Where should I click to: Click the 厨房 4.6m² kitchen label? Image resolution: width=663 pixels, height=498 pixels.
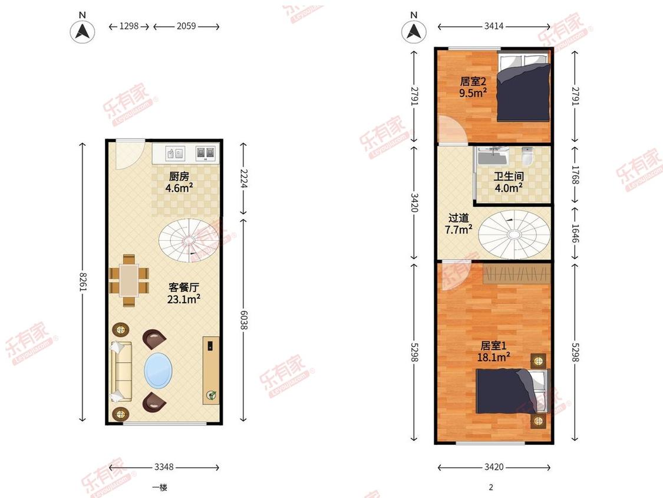[179, 182]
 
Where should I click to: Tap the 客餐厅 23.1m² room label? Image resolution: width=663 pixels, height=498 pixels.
[184, 293]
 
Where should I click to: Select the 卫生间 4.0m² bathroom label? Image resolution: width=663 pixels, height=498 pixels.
[509, 182]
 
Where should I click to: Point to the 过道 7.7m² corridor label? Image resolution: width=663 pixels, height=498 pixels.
[459, 224]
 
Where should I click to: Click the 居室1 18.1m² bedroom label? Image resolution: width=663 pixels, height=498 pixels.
[493, 352]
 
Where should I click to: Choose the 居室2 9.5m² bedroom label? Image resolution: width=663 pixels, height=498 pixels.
[473, 87]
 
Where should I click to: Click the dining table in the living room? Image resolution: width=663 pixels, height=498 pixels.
[129, 280]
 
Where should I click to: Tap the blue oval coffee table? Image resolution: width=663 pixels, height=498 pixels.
[158, 370]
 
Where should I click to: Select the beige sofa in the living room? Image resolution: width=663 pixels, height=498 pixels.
[121, 371]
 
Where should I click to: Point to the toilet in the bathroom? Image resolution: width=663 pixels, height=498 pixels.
[527, 156]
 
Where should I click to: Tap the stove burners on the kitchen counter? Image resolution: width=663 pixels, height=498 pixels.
[206, 153]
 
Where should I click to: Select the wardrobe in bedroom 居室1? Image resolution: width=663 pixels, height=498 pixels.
[517, 274]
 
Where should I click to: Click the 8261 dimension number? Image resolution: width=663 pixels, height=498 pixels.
[83, 282]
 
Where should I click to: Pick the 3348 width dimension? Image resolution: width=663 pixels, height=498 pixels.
[164, 467]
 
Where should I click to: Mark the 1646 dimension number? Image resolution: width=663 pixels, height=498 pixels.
[575, 233]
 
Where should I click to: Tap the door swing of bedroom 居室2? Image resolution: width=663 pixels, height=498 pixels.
[453, 130]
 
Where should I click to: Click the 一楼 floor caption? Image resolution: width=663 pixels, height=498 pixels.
[160, 487]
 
